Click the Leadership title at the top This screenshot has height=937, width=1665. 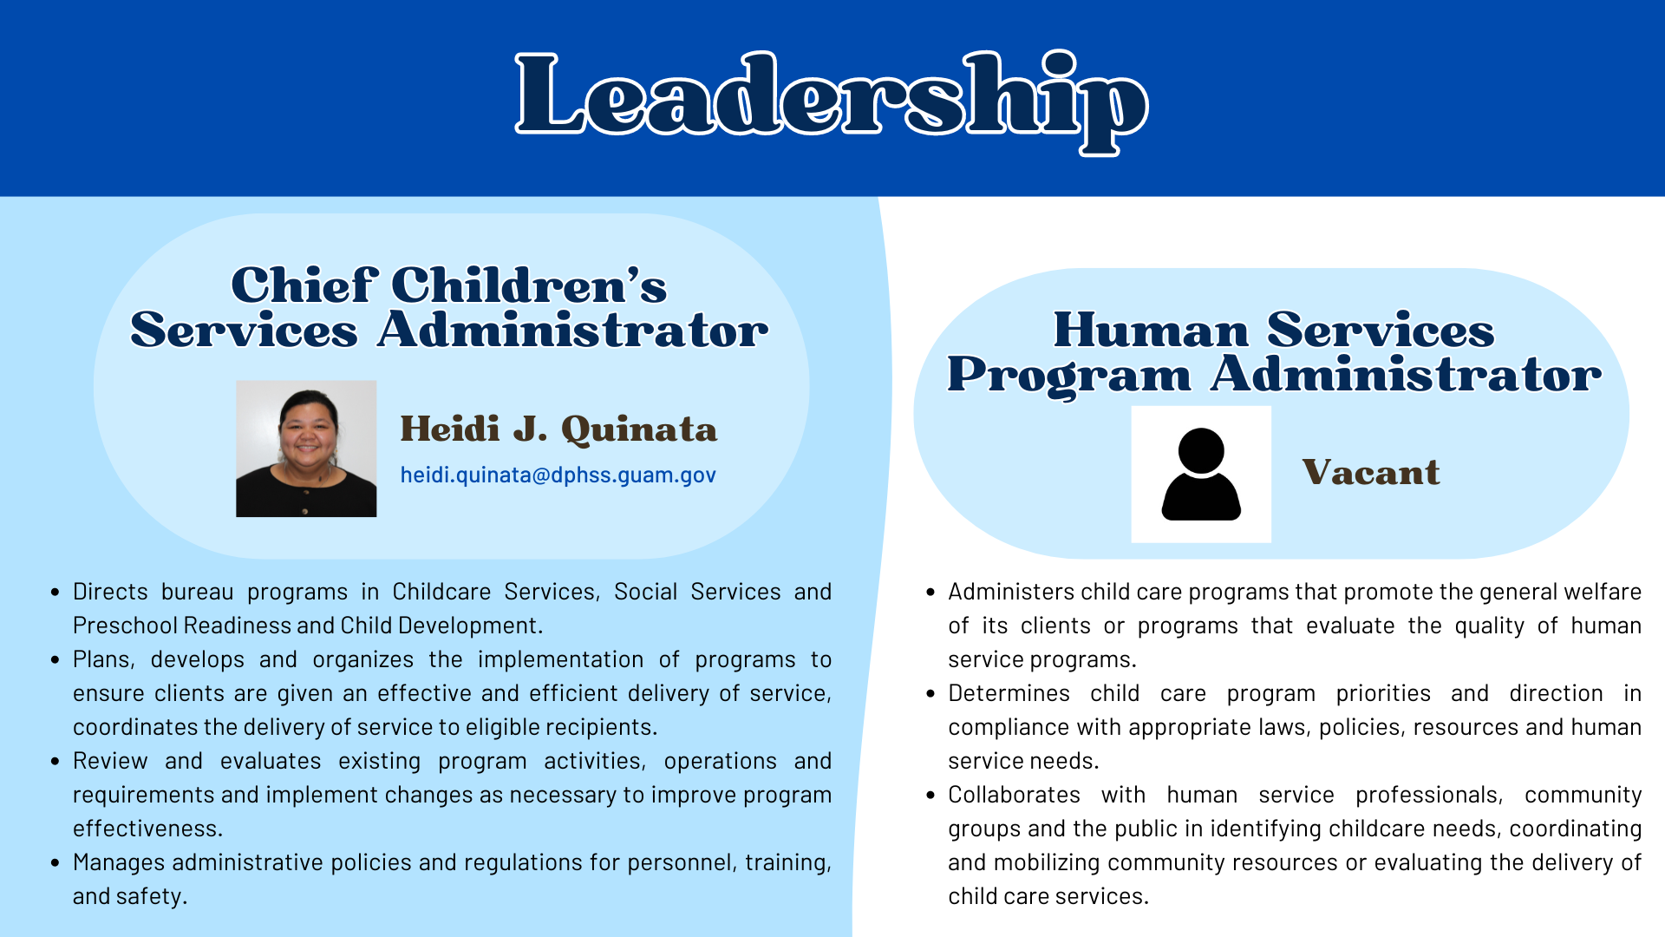[x=832, y=102]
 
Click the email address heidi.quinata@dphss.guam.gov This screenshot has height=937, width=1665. [x=558, y=475]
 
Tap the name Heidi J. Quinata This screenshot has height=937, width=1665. [x=558, y=429]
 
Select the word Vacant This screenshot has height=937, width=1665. [x=1371, y=473]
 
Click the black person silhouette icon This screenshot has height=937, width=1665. [x=1201, y=475]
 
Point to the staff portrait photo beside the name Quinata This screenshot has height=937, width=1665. [x=306, y=449]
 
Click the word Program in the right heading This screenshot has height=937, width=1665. [x=1069, y=377]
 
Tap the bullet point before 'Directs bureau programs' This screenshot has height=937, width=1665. [x=55, y=593]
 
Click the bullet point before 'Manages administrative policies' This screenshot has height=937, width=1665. [x=55, y=863]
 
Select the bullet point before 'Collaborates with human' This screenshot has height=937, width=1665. [x=930, y=796]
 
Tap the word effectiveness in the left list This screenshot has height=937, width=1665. [x=147, y=829]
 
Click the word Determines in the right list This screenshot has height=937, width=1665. [x=1009, y=693]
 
